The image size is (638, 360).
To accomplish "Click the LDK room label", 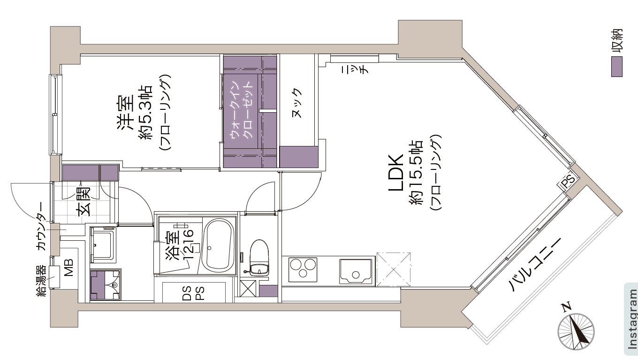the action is coord(396,172).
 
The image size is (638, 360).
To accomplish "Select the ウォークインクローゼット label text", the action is coord(242,110).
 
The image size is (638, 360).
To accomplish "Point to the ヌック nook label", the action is coord(296,103).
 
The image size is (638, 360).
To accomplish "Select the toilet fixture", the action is coord(259,258).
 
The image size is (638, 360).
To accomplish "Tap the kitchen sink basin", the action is coord(356,271).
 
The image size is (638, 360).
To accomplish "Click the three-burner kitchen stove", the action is coord(303,269).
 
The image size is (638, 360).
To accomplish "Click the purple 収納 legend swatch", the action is coord(617,67).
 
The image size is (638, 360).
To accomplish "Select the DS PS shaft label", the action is coord(194,293).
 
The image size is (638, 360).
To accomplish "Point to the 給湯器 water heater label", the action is coord(41,281).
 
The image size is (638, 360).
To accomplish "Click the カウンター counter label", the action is coord(41,226).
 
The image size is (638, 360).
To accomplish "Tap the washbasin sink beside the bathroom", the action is coord(103,244).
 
